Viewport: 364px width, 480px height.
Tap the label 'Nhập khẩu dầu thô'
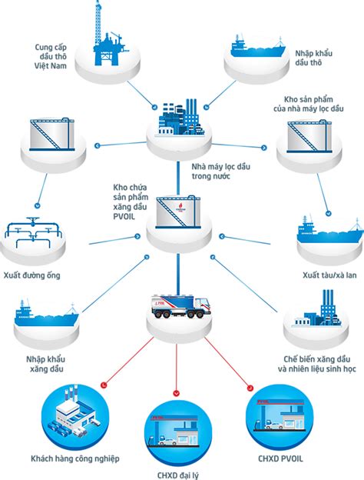click(x=313, y=58)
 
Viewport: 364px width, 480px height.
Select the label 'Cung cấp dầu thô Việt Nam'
click(x=51, y=56)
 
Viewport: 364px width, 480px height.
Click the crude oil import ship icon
click(x=258, y=47)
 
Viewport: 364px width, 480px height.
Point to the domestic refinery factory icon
click(x=180, y=118)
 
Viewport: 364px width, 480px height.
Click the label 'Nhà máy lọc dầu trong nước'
click(x=221, y=172)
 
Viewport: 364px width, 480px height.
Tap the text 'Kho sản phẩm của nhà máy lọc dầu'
click(x=309, y=104)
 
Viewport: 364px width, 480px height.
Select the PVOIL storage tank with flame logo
click(x=178, y=212)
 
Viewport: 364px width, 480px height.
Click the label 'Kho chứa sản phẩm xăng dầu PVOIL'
click(x=131, y=202)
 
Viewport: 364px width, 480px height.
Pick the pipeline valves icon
click(x=33, y=232)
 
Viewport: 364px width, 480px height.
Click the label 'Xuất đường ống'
click(x=32, y=275)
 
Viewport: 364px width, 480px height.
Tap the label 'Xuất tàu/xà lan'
click(x=329, y=275)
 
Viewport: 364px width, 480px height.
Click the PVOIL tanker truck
click(x=181, y=306)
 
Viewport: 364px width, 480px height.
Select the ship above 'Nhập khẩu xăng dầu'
click(x=46, y=315)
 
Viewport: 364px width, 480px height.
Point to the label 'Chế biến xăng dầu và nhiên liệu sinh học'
click(x=317, y=364)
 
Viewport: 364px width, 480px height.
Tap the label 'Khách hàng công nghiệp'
click(x=75, y=459)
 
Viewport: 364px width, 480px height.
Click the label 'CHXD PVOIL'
click(x=280, y=459)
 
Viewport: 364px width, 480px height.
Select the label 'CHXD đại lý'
click(x=178, y=475)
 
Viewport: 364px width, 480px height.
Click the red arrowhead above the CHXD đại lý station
click(x=177, y=393)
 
